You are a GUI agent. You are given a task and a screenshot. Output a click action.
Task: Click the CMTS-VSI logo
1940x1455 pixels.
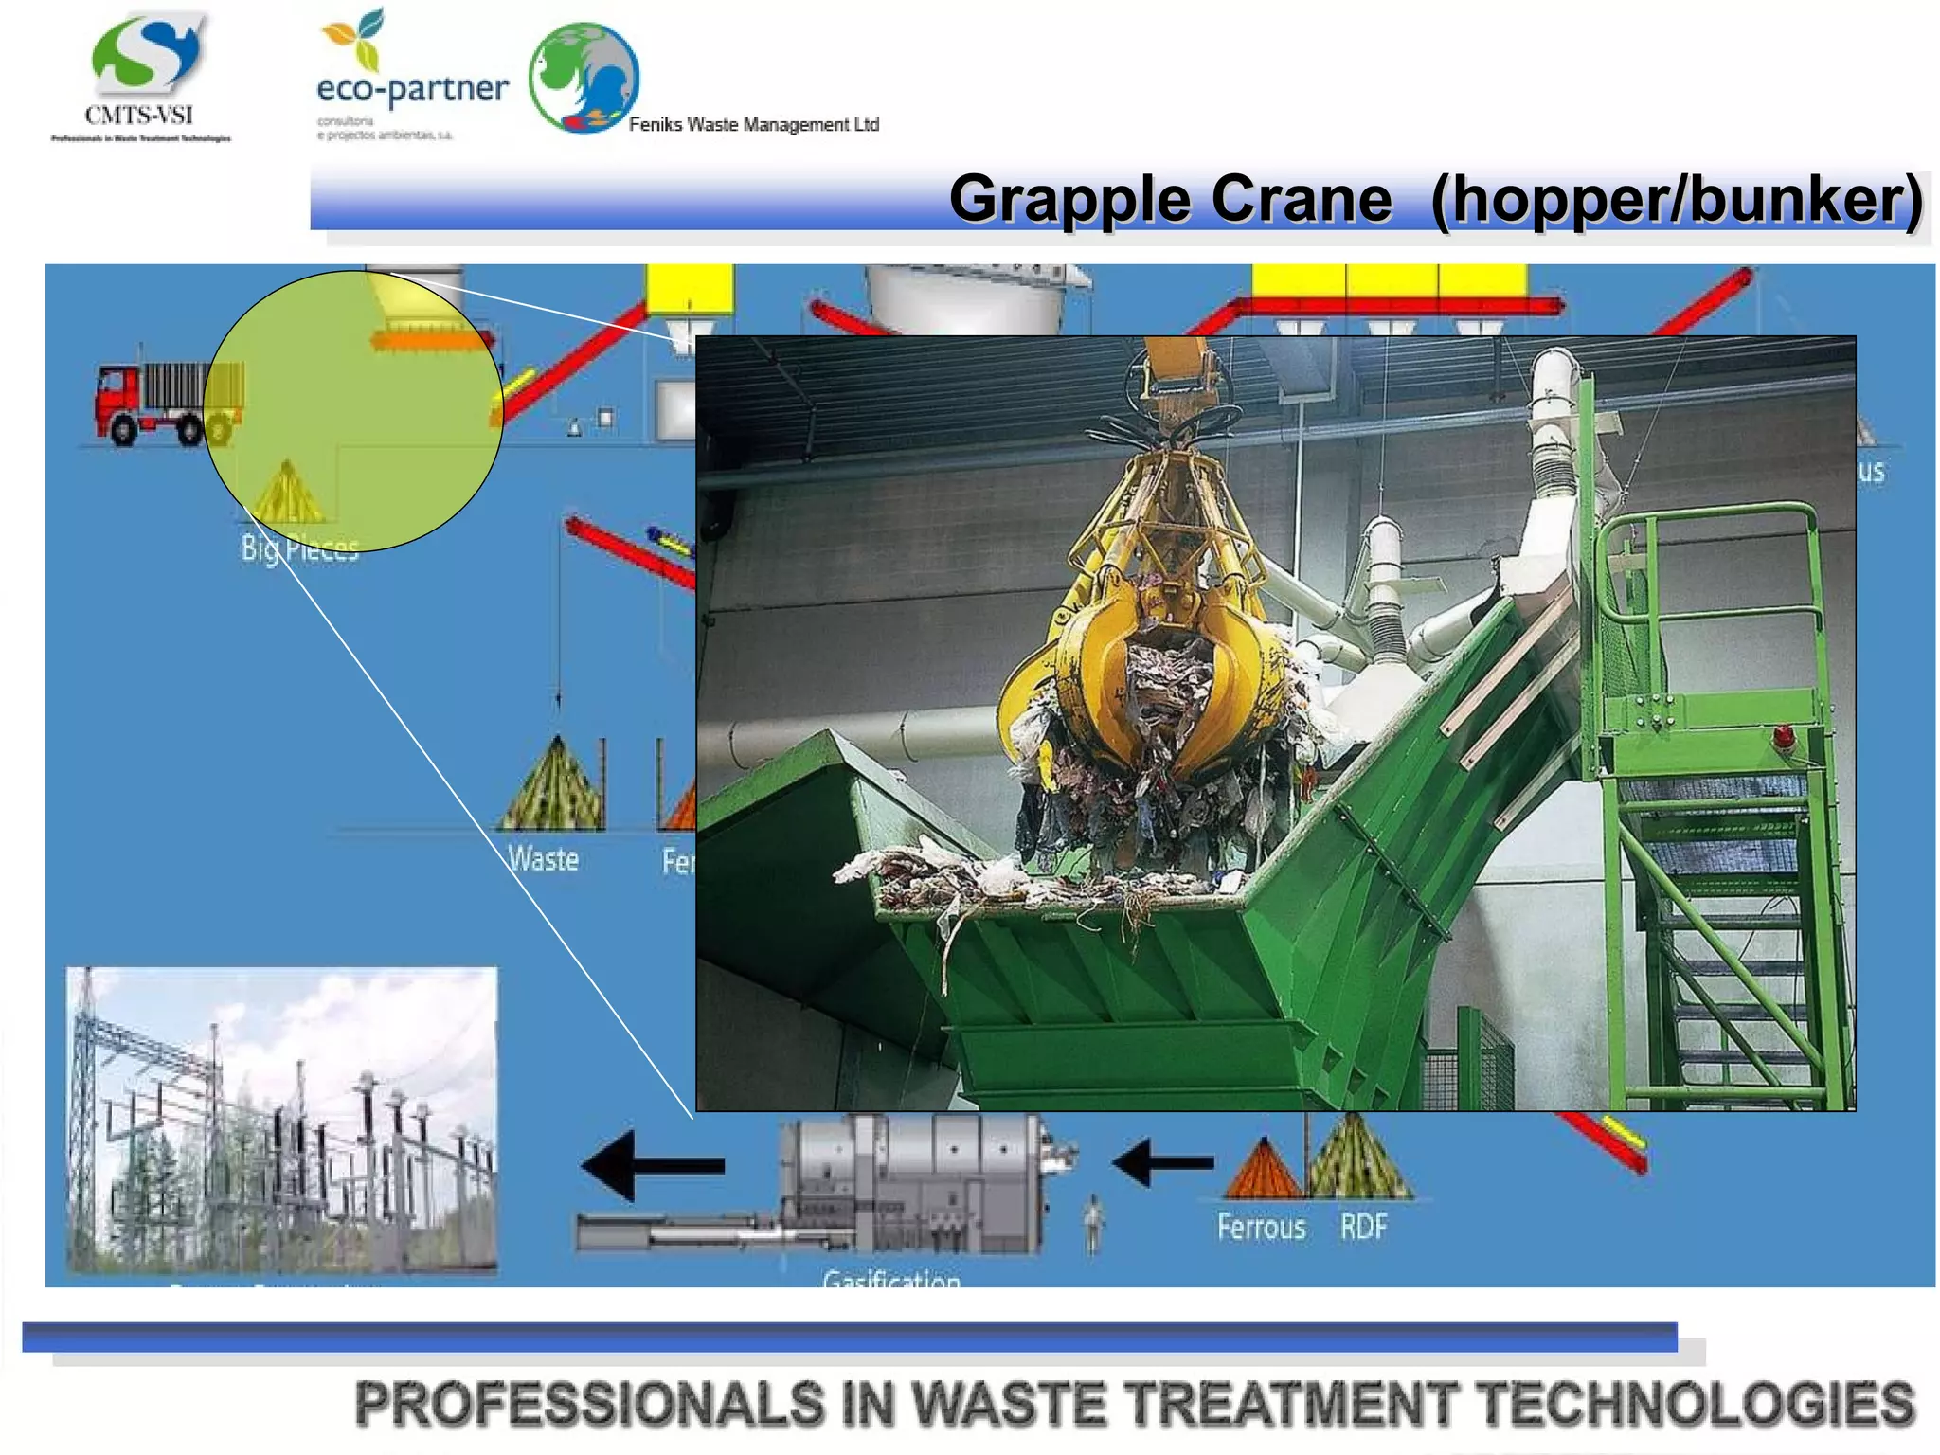click(142, 76)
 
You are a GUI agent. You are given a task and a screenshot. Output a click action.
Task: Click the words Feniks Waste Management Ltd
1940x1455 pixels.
click(754, 124)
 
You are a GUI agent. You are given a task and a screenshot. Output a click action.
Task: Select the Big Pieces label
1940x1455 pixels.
click(299, 548)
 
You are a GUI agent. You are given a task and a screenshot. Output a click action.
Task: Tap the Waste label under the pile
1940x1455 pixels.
click(543, 858)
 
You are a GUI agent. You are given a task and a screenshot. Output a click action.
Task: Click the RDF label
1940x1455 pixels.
click(1363, 1226)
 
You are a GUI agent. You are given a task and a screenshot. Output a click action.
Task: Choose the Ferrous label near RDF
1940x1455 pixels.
click(1261, 1226)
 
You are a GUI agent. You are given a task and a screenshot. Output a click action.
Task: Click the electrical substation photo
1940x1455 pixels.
click(281, 1120)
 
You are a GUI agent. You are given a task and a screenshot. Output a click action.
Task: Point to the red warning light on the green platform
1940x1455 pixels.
click(1783, 735)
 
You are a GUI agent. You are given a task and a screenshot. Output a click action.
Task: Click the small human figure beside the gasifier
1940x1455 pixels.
click(1093, 1222)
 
